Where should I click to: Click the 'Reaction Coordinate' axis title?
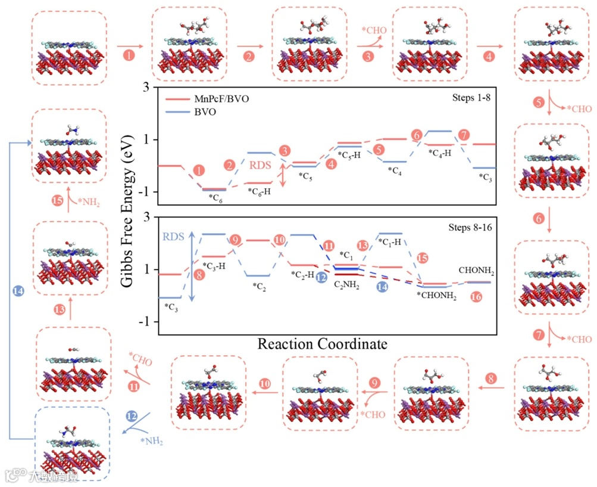coord(322,344)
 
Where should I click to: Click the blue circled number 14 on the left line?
coord(18,291)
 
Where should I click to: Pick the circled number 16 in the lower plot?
coord(476,296)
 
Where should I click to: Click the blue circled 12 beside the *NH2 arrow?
coord(132,415)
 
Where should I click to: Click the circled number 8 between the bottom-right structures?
coord(490,378)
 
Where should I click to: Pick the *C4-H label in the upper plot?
coord(440,153)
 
